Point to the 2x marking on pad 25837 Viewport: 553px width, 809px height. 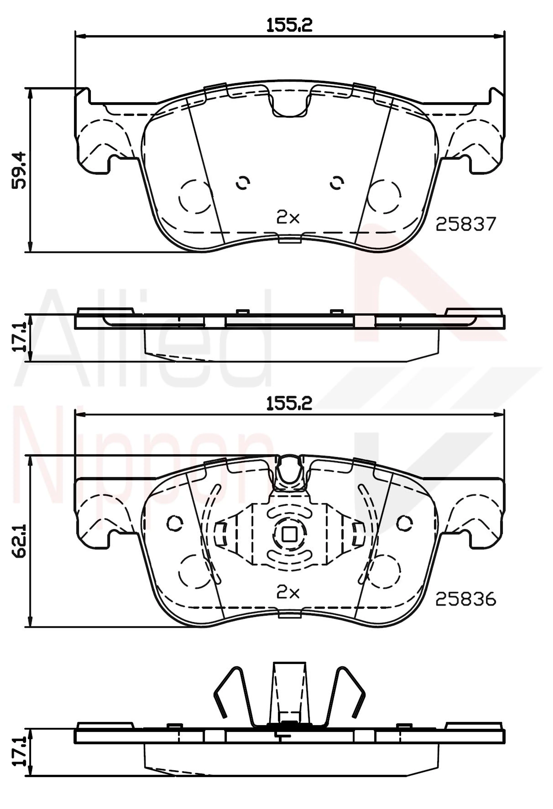pos(288,218)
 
